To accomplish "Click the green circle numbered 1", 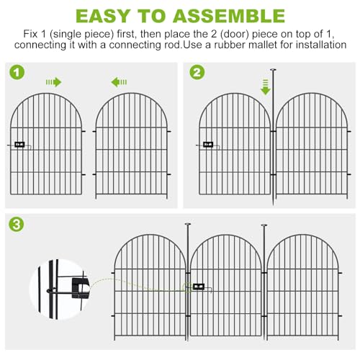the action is click(x=17, y=72).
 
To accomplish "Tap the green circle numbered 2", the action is click(x=197, y=72).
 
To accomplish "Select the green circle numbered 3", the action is click(x=17, y=225).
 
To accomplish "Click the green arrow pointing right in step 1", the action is click(x=54, y=82).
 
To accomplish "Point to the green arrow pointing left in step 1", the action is click(x=119, y=82).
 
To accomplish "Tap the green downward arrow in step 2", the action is click(x=266, y=87).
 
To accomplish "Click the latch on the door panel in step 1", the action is click(x=19, y=145).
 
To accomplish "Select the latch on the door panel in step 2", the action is click(x=208, y=145).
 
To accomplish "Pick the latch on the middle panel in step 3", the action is click(x=199, y=287).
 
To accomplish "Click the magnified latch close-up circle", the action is click(x=60, y=289).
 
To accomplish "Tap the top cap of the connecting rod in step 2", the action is click(x=273, y=70).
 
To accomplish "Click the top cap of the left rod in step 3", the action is click(x=188, y=224).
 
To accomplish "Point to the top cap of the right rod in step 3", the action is click(x=264, y=225).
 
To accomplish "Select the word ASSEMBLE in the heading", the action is click(x=229, y=16).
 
